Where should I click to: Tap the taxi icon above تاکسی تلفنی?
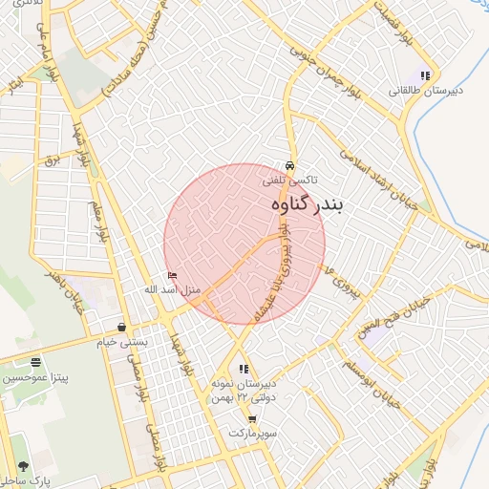pos(290,164)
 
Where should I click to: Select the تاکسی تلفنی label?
pos(290,180)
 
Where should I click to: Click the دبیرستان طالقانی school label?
pos(426,91)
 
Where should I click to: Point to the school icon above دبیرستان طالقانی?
pos(426,75)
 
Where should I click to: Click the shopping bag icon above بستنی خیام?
pos(121,327)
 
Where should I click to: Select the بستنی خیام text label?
pos(119,341)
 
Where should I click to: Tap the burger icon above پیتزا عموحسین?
pos(35,363)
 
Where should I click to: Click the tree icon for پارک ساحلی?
pos(22,466)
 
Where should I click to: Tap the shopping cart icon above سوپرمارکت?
pos(251,419)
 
